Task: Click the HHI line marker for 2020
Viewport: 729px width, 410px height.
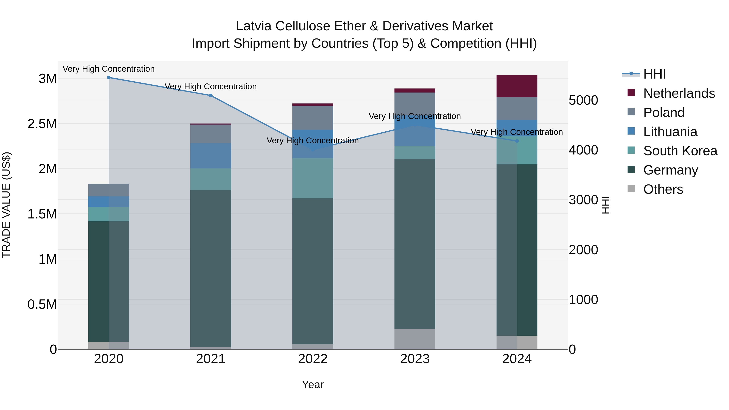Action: click(109, 78)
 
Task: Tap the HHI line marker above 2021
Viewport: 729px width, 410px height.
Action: click(211, 96)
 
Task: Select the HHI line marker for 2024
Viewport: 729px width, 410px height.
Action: click(517, 141)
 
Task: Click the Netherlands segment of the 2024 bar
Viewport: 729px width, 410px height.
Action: click(517, 86)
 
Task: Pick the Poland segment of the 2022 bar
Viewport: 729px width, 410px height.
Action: click(313, 118)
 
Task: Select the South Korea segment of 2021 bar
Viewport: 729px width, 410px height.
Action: click(211, 179)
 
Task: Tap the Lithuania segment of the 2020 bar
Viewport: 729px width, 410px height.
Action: click(109, 202)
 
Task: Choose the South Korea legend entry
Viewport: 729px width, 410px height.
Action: click(680, 151)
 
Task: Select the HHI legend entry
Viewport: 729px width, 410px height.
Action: click(654, 74)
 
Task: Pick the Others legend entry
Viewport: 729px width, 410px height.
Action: click(663, 189)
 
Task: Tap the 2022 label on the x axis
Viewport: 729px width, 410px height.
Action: click(313, 359)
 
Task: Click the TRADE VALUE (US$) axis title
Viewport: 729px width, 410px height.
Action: click(6, 205)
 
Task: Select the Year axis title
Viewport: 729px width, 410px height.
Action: click(313, 384)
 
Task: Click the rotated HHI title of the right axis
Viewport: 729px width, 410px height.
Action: click(605, 205)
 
